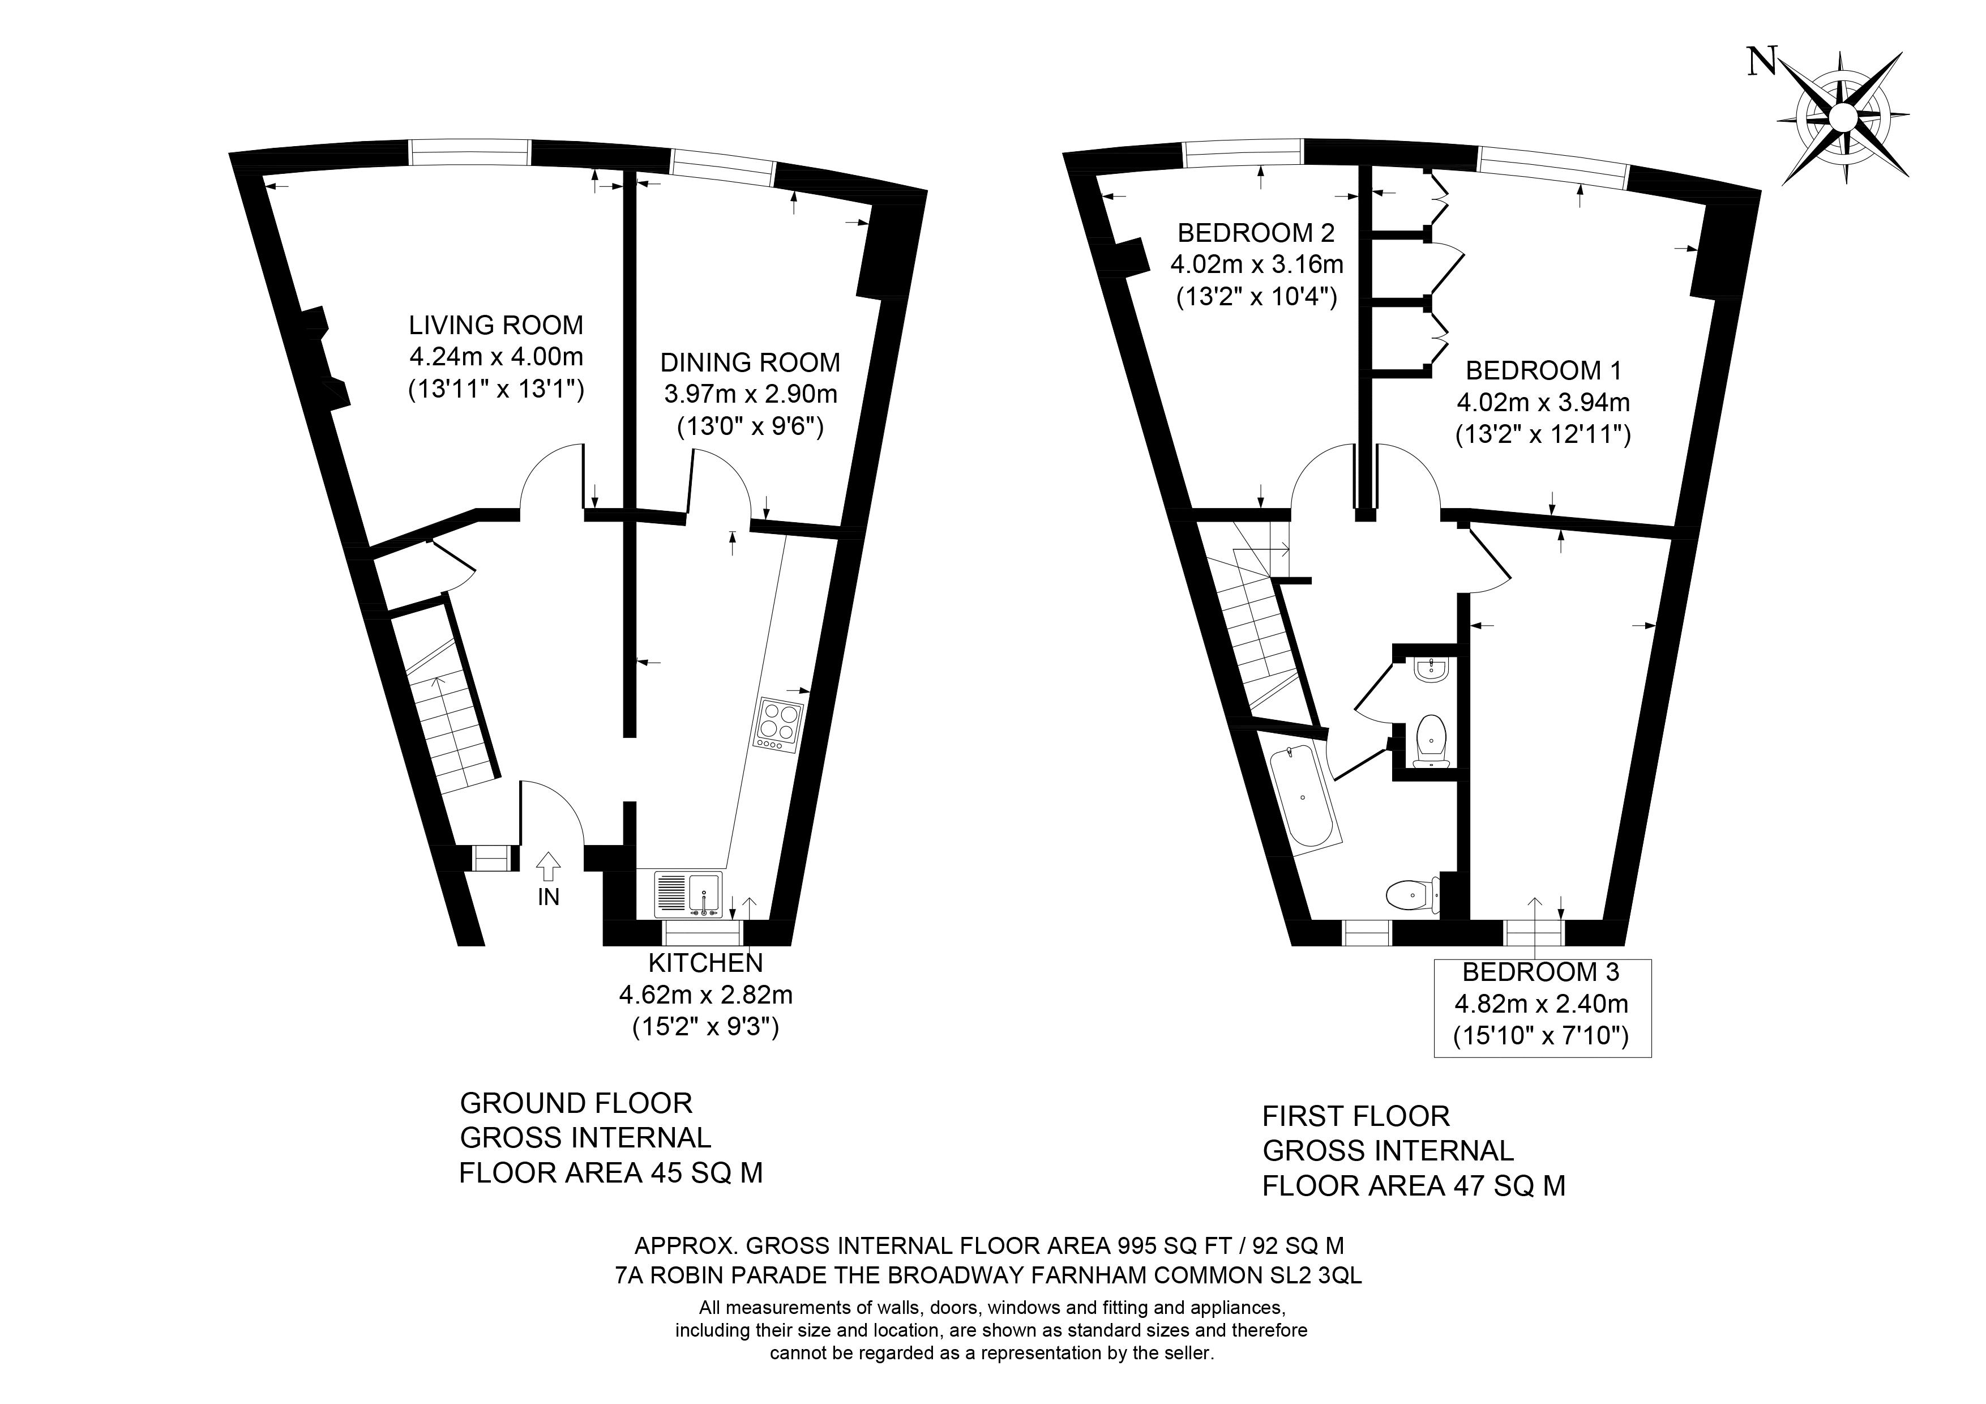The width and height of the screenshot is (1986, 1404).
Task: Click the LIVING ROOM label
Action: click(x=497, y=325)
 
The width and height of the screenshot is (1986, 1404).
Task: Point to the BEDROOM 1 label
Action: click(x=1544, y=370)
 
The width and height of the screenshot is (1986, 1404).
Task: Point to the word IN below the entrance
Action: click(x=549, y=897)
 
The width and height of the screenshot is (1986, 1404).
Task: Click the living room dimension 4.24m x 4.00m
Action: click(x=497, y=356)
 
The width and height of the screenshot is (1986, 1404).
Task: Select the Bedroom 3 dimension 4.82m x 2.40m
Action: click(x=1542, y=1004)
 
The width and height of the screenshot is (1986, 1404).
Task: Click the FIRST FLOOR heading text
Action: click(x=1356, y=1116)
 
